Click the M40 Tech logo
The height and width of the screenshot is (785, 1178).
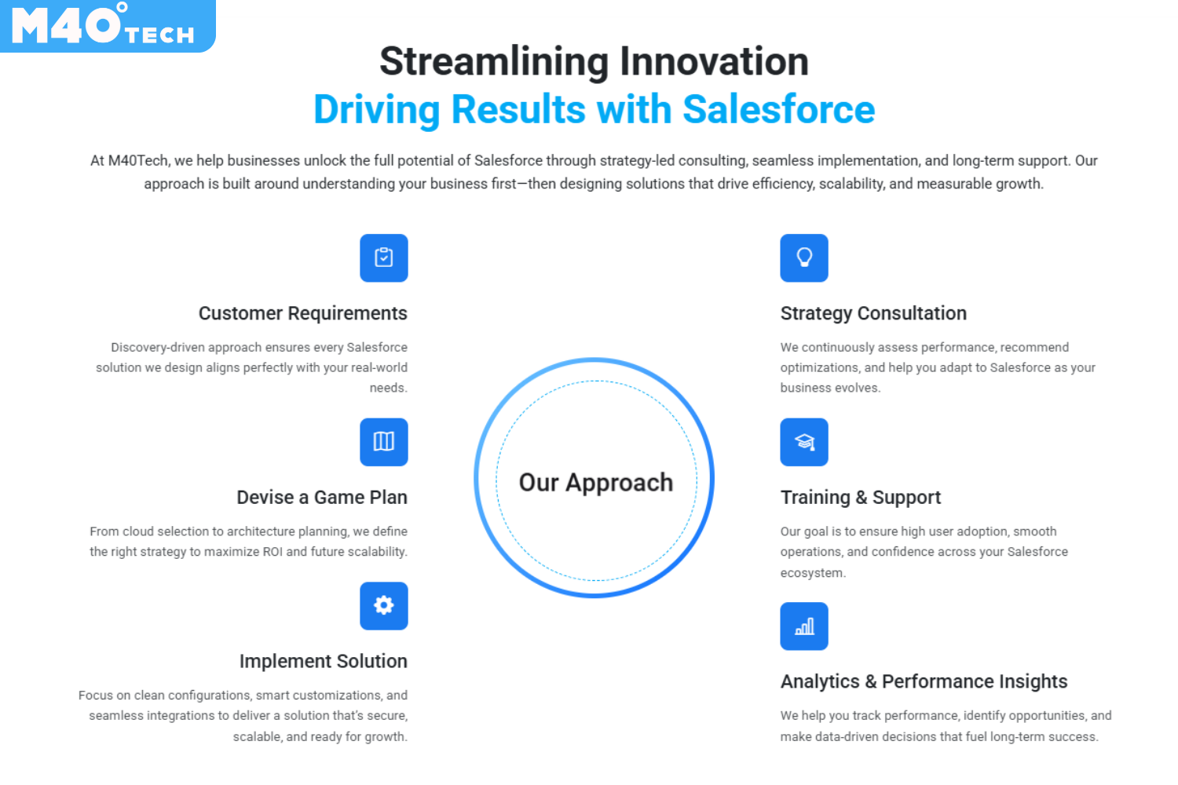[x=108, y=26]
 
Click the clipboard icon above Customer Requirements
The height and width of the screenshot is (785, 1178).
[x=383, y=257]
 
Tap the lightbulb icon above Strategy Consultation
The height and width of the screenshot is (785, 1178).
[x=804, y=257]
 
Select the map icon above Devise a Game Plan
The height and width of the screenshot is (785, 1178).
[x=383, y=442]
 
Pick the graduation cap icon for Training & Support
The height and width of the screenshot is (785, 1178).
[x=804, y=442]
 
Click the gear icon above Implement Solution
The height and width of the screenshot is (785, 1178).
[x=383, y=606]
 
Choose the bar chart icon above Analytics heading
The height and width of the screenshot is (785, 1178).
[x=804, y=626]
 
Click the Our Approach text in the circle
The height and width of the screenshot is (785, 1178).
[x=596, y=483]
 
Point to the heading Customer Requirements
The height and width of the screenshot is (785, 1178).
[x=303, y=313]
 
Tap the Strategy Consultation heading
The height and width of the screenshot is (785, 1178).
[x=873, y=313]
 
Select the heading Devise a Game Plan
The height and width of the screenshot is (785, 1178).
[x=322, y=498]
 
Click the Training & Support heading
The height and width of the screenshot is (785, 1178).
[x=861, y=498]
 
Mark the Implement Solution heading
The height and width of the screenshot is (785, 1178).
[x=324, y=661]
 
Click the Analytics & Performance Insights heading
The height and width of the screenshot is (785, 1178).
[x=924, y=681]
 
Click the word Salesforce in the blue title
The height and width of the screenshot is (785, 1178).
[x=779, y=109]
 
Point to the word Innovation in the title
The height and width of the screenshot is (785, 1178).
[x=714, y=61]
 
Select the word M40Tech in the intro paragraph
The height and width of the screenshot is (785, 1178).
[x=138, y=161]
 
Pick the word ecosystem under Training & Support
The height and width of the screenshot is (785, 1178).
[x=813, y=573]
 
